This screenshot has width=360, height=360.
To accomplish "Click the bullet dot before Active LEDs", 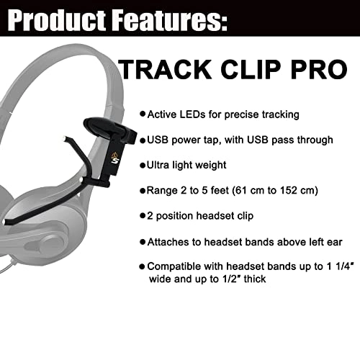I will point(143,114).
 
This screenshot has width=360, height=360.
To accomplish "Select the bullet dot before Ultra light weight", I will point(143,166).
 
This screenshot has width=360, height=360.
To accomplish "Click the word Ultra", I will point(160,166).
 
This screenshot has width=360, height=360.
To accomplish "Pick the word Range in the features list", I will point(162,192).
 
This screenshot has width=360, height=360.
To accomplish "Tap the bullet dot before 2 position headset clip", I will point(143,215).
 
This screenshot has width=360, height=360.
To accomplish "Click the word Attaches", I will point(168,241).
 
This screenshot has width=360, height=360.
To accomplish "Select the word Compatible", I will point(176,266).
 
